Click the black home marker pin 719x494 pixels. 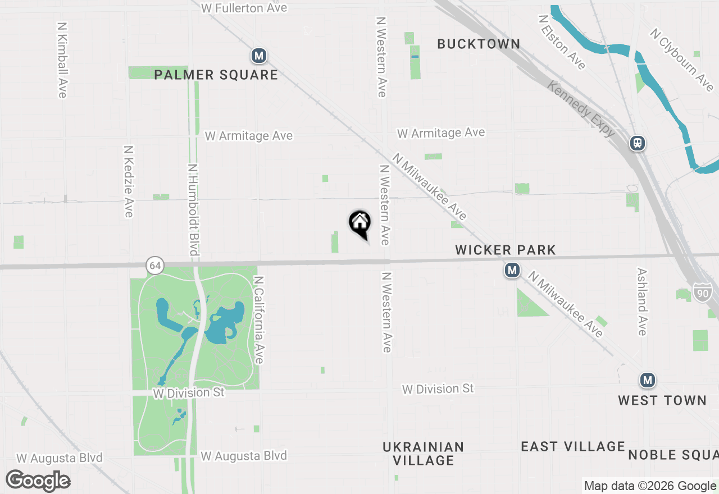360,223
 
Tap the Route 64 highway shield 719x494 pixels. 156,266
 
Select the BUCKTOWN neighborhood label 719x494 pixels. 479,44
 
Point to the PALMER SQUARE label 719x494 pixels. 216,75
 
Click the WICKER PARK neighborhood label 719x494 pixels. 506,250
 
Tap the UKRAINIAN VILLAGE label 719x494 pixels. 424,454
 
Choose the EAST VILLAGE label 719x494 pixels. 573,446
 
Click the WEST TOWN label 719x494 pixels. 662,400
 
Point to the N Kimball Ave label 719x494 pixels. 62,60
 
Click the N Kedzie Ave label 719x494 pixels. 129,181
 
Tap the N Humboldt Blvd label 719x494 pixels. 193,209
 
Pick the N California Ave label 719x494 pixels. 258,319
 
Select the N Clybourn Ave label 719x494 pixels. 682,60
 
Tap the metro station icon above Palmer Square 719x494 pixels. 258,56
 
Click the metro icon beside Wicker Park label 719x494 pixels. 512,271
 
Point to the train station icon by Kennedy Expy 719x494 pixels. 638,143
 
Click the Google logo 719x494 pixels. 38,481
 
